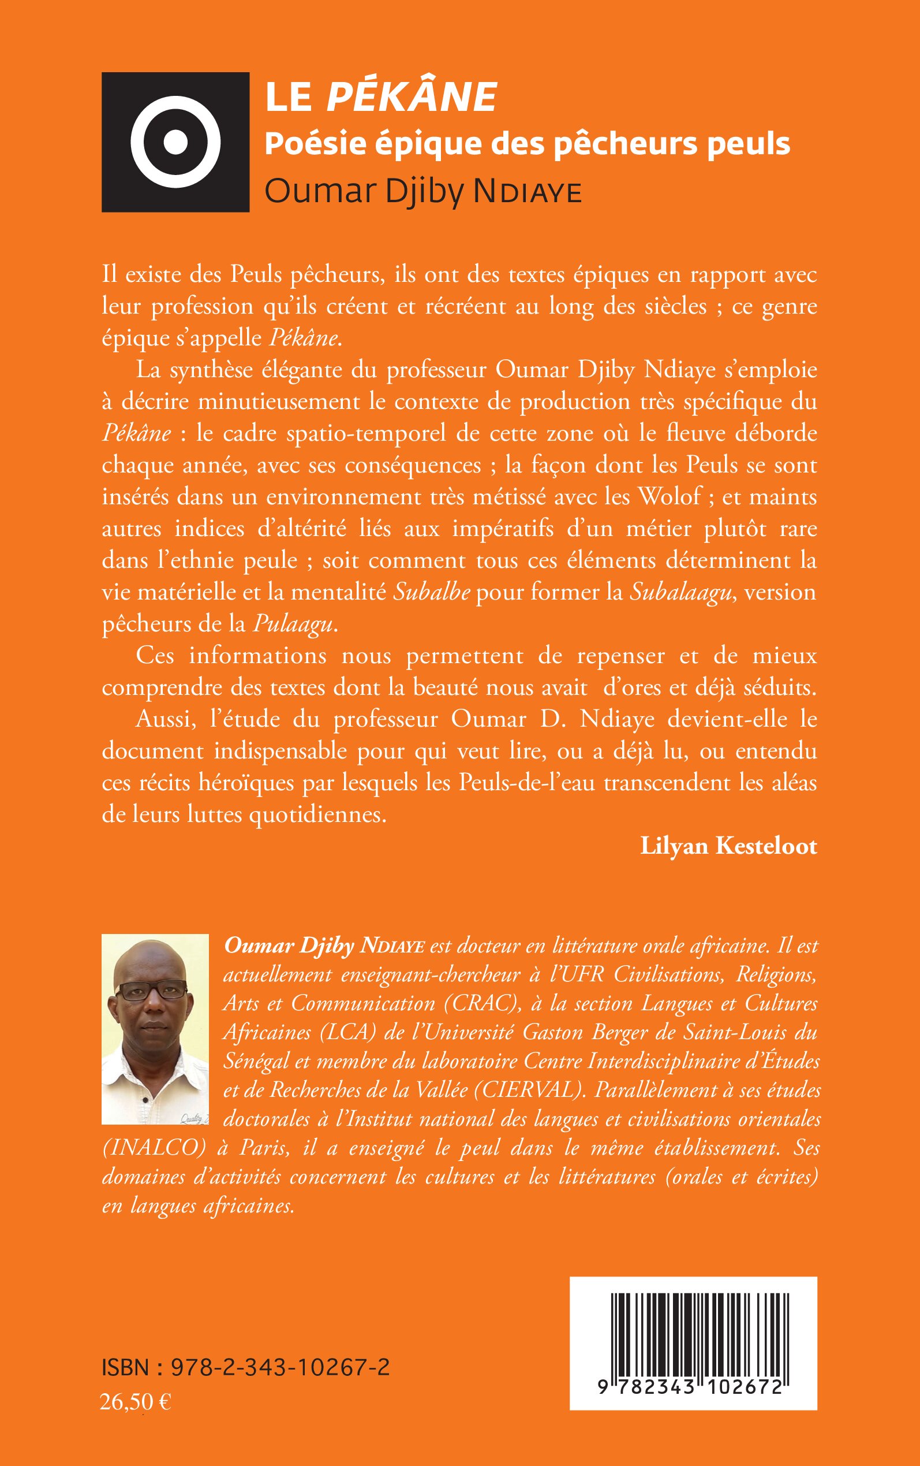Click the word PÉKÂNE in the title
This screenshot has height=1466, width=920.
click(x=412, y=98)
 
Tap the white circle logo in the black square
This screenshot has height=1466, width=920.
click(x=175, y=142)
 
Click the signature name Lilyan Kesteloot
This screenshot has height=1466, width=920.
click(x=728, y=846)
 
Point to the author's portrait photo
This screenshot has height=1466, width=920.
click(x=155, y=1028)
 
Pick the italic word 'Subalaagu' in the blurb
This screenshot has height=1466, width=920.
click(x=680, y=591)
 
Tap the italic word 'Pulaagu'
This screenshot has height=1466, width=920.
click(x=293, y=623)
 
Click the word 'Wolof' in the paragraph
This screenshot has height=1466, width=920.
click(x=670, y=497)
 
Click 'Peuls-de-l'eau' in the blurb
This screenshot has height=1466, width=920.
click(x=526, y=782)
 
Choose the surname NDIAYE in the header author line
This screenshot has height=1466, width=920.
click(x=528, y=192)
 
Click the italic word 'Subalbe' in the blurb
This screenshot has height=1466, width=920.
click(x=431, y=591)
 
